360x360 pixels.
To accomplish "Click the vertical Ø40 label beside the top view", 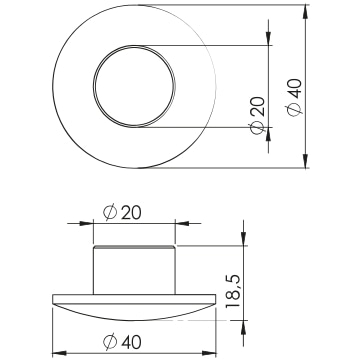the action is [x=294, y=97].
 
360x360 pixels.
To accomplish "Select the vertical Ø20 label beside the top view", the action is [x=258, y=115].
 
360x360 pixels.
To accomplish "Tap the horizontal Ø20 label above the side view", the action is [x=122, y=213].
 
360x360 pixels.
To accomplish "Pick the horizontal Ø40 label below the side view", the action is [x=122, y=342].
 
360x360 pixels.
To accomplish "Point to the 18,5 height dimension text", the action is [x=232, y=291].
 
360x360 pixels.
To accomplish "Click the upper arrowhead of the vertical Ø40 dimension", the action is [x=305, y=13].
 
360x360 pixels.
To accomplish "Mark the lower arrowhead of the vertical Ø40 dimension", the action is [x=305, y=160].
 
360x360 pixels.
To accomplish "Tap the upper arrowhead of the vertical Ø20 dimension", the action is [x=269, y=38].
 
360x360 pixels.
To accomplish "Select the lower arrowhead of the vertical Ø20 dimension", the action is [x=269, y=135].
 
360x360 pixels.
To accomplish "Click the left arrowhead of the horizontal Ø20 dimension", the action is [x=86, y=223].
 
